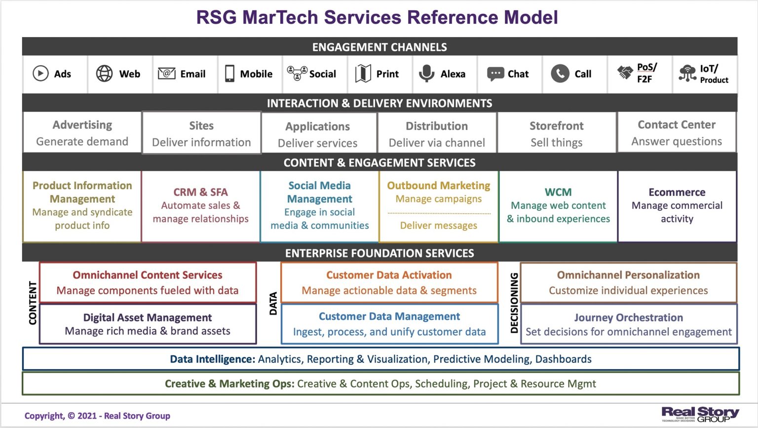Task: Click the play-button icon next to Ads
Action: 40,74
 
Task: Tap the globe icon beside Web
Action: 104,74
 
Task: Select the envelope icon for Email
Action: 166,74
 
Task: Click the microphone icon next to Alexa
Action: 426,74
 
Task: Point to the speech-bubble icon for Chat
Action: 495,74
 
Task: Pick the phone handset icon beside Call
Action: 560,74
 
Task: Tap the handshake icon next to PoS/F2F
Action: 625,73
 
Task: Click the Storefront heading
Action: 556,126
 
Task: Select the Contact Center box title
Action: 676,125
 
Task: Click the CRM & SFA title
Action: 200,192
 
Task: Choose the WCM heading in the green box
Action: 558,192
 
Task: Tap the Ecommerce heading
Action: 677,192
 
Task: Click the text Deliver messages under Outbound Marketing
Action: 438,226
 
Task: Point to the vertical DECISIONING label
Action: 514,303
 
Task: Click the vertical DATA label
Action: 273,303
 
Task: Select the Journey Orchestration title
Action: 628,317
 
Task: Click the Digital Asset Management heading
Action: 147,317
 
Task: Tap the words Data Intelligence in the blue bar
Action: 212,359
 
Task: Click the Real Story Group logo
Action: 700,414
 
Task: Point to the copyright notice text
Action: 97,416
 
